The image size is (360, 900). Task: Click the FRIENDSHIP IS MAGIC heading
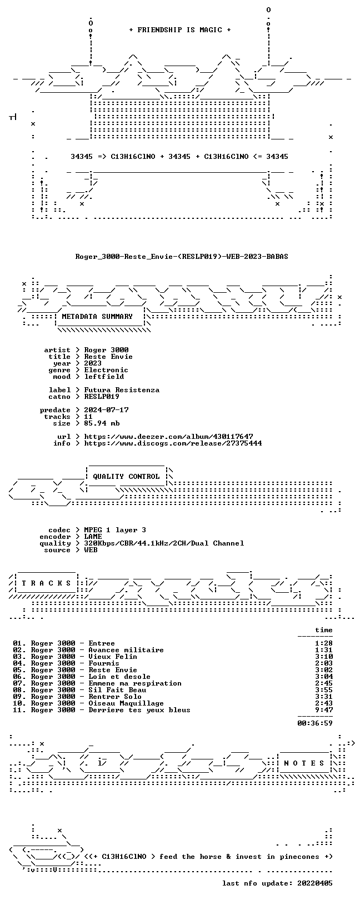tap(180, 30)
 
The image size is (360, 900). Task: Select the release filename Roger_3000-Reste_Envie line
tap(182, 256)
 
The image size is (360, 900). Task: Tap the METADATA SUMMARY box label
tap(97, 317)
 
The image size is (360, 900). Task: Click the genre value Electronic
tap(106, 370)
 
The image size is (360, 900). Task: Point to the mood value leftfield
tap(104, 377)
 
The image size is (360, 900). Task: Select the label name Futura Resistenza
tap(122, 390)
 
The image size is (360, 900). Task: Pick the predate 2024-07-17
tap(106, 410)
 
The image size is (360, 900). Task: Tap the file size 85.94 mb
tap(102, 423)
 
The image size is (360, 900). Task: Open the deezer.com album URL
tap(168, 436)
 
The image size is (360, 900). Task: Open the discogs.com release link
tap(173, 443)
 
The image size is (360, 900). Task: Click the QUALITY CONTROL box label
tap(126, 477)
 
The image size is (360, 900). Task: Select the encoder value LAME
tap(93, 536)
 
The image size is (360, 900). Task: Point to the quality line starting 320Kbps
tap(164, 543)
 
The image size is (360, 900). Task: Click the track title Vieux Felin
tap(113, 657)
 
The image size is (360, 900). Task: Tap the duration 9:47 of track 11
tap(324, 709)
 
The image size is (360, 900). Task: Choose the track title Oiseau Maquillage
tap(126, 703)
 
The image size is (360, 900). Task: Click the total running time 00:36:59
tap(315, 723)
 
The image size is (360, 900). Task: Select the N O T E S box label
tap(304, 763)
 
